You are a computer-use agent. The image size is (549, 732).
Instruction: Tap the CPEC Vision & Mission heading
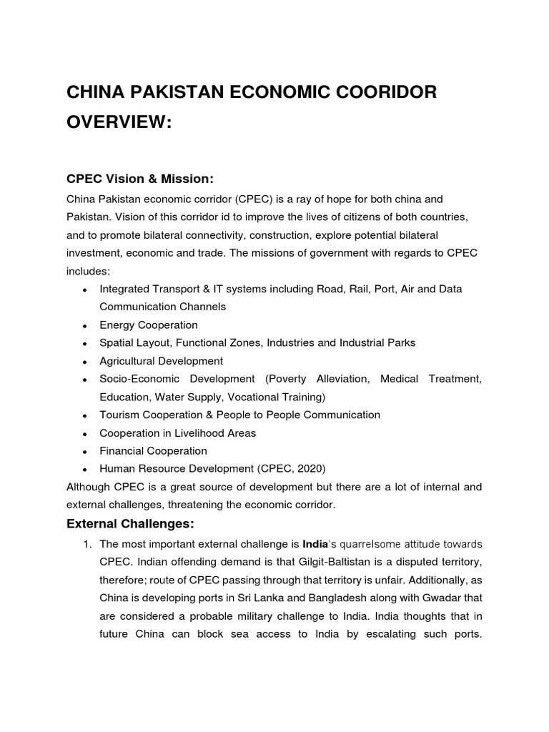(x=140, y=177)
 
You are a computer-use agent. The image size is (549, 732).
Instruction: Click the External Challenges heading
(x=130, y=523)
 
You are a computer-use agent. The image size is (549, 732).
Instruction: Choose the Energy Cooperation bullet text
(x=149, y=325)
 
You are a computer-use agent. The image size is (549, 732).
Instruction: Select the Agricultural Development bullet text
(x=162, y=361)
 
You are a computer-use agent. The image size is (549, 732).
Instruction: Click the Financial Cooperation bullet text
(x=153, y=451)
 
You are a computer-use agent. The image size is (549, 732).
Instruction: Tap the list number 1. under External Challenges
(x=87, y=544)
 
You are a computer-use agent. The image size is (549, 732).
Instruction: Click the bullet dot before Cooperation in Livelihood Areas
(x=85, y=434)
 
